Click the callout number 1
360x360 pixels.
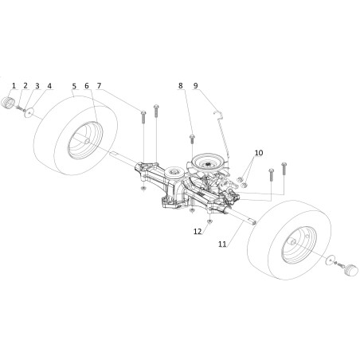(14, 86)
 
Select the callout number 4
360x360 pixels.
(49, 86)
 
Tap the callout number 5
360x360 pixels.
(74, 86)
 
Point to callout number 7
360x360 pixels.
(99, 86)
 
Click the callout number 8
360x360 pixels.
(181, 85)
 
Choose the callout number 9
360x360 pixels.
(196, 85)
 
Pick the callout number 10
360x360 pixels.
(259, 153)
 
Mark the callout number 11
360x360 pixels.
(222, 244)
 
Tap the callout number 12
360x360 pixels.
(198, 231)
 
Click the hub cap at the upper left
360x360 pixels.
(8, 103)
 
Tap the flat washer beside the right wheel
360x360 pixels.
(330, 259)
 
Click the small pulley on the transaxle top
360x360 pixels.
(174, 173)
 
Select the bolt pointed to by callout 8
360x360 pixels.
(192, 139)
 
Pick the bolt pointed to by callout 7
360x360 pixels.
(143, 116)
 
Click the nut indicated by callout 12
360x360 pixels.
(209, 221)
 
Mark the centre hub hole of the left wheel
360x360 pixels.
(87, 142)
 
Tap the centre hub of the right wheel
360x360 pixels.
(292, 241)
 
